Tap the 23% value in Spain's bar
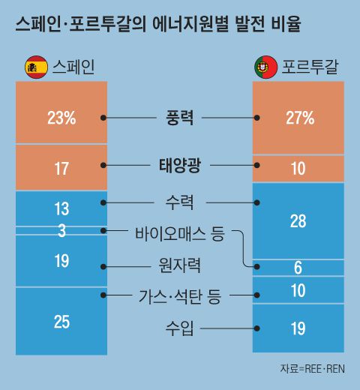coord(61,118)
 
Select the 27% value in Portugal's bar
coord(299,118)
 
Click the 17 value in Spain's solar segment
coord(61,169)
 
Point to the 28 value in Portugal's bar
coord(298,220)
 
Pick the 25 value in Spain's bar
coord(61,322)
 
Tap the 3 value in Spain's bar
coord(61,231)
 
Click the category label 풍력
coord(179,118)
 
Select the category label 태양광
coord(180,166)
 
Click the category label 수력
coord(180,202)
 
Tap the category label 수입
coord(180,327)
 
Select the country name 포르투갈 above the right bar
coord(310,67)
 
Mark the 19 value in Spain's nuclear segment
coord(61,261)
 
